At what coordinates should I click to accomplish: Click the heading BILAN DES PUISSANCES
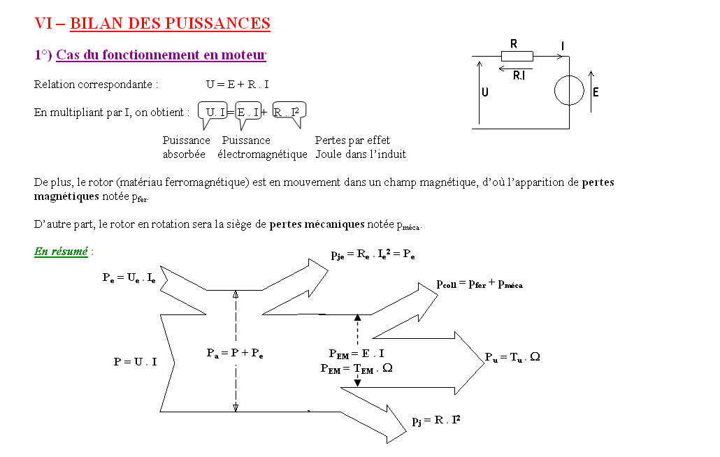[x=170, y=23]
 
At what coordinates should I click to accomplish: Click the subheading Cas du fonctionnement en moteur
[x=161, y=55]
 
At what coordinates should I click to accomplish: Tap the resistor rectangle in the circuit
[x=517, y=57]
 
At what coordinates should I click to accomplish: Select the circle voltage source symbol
[x=569, y=90]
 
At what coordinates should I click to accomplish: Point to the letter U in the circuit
[x=485, y=92]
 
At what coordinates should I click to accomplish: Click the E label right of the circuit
[x=596, y=92]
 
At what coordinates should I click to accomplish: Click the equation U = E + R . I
[x=238, y=85]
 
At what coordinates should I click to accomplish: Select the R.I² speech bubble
[x=289, y=114]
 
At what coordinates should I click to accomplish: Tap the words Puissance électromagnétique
[x=262, y=147]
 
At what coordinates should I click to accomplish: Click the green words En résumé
[x=61, y=252]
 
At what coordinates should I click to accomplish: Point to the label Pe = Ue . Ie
[x=129, y=277]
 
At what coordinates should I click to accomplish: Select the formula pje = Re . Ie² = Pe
[x=373, y=254]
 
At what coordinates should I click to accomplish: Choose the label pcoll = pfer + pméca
[x=480, y=284]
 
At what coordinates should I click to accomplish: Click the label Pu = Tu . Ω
[x=512, y=357]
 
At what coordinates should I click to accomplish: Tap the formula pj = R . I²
[x=435, y=420]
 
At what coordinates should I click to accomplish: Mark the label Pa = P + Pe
[x=235, y=354]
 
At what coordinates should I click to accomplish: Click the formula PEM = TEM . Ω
[x=357, y=368]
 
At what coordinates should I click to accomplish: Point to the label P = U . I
[x=135, y=361]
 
